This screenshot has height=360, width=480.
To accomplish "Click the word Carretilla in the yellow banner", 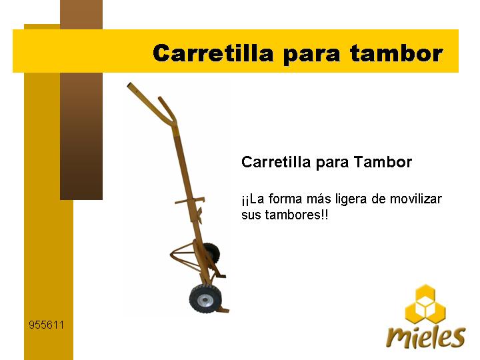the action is [x=213, y=53].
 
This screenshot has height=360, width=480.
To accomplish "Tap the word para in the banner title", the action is [x=311, y=55].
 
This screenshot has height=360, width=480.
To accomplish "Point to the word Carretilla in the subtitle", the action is [x=276, y=161].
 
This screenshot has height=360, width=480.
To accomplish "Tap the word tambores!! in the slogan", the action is [x=296, y=215].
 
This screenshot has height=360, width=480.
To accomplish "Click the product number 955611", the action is [x=46, y=325].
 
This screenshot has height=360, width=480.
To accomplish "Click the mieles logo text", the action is [x=426, y=337].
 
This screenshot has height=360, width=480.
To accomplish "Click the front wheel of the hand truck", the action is [x=203, y=299].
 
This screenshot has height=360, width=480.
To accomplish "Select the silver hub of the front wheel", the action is [x=203, y=300].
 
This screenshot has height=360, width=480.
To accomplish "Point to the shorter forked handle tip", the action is [x=160, y=99].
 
